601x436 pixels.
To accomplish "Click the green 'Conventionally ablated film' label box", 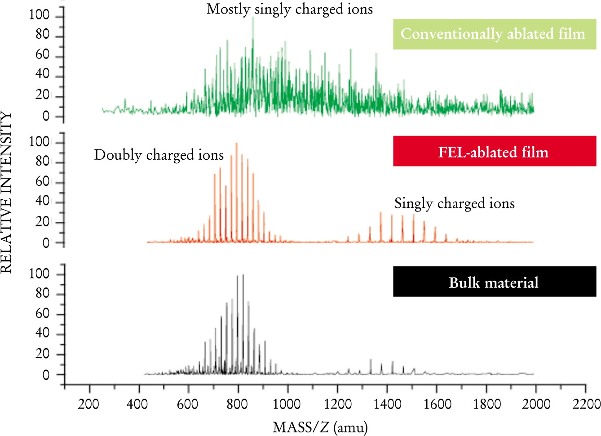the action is [495, 34].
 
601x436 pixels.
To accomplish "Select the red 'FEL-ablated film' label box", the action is [495, 151].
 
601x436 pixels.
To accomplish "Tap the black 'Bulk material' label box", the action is [495, 281].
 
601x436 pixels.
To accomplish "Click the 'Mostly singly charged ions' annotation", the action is [290, 9].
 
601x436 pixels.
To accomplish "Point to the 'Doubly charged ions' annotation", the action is [159, 155].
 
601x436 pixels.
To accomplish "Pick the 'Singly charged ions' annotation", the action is [455, 203].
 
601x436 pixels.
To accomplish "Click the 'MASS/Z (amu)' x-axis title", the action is [320, 427].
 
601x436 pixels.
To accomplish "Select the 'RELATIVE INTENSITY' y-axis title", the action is [6, 192].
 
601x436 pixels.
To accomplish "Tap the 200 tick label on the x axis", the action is [88, 404].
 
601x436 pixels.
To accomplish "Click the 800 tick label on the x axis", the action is [237, 404].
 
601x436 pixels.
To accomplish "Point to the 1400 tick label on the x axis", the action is [387, 404].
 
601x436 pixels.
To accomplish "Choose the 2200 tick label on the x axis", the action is [587, 404].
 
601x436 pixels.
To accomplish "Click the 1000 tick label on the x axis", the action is [287, 404].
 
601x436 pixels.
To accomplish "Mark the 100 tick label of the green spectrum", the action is [39, 14].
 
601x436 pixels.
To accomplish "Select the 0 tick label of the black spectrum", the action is [46, 375].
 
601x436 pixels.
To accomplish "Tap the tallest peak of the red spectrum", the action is [236, 143].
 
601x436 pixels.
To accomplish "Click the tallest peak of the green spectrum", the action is [253, 18].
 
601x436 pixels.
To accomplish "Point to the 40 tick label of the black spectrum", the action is [42, 333].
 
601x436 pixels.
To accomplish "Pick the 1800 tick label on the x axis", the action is [487, 404].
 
